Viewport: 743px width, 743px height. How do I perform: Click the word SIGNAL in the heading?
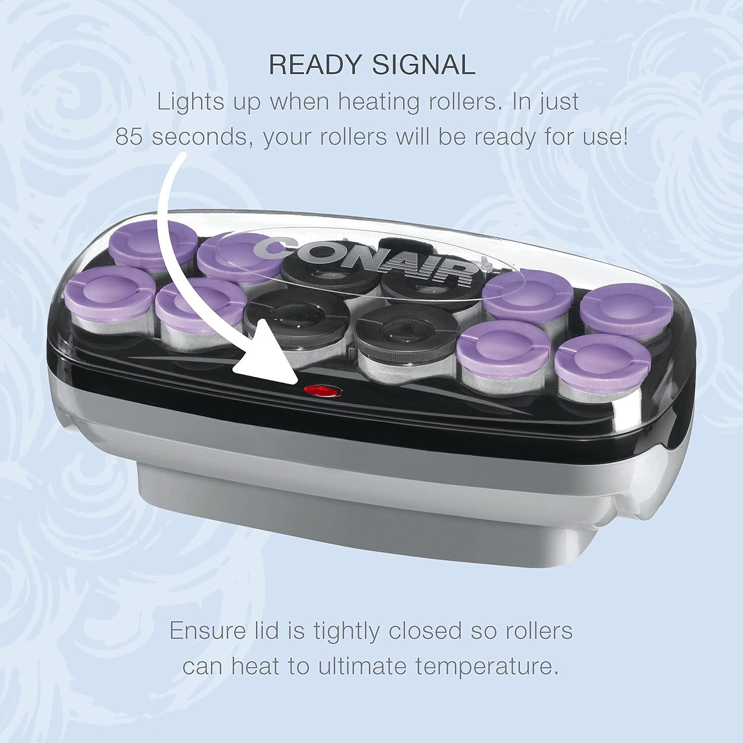[x=425, y=65]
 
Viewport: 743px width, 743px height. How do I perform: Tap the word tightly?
[x=347, y=631]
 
